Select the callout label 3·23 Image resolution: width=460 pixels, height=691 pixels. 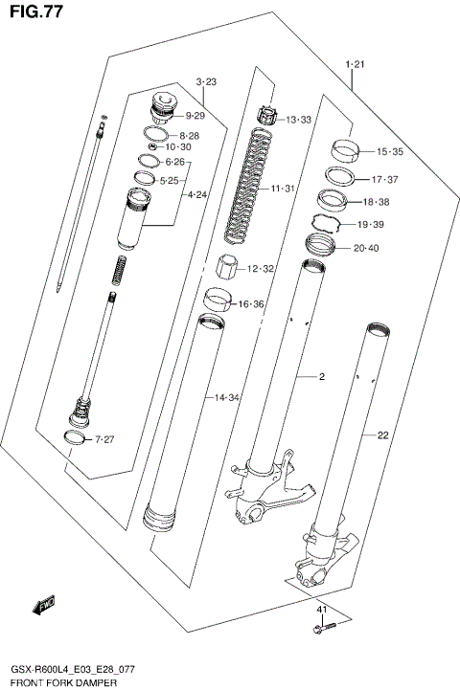tap(206, 82)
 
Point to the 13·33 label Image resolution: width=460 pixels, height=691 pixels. tap(298, 120)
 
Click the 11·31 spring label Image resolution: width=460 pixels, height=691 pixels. tap(282, 189)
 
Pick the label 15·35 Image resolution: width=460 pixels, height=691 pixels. tap(389, 152)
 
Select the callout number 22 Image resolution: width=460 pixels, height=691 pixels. tap(382, 435)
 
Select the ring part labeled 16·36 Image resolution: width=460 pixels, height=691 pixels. tap(219, 301)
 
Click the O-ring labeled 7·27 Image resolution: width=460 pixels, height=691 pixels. tap(72, 438)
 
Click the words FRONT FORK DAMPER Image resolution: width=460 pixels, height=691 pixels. tap(64, 683)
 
